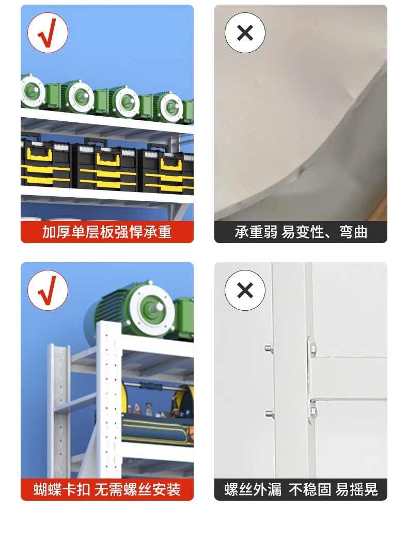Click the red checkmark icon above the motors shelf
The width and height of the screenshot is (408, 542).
48,33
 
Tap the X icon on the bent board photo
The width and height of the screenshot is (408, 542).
245,33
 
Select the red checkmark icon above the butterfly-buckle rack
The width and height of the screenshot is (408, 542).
48,290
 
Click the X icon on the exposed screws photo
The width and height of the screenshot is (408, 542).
245,290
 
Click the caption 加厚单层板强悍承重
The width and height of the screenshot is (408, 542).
107,232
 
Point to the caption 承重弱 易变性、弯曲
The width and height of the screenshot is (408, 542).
301,232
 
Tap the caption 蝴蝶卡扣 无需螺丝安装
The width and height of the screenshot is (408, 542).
107,489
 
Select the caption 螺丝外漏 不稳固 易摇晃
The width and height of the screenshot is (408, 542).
301,489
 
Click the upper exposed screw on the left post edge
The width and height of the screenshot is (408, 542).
269,348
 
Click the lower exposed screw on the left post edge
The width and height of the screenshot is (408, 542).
270,413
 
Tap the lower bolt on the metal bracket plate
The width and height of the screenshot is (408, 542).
313,411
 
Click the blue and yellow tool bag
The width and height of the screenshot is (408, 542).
158,415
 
